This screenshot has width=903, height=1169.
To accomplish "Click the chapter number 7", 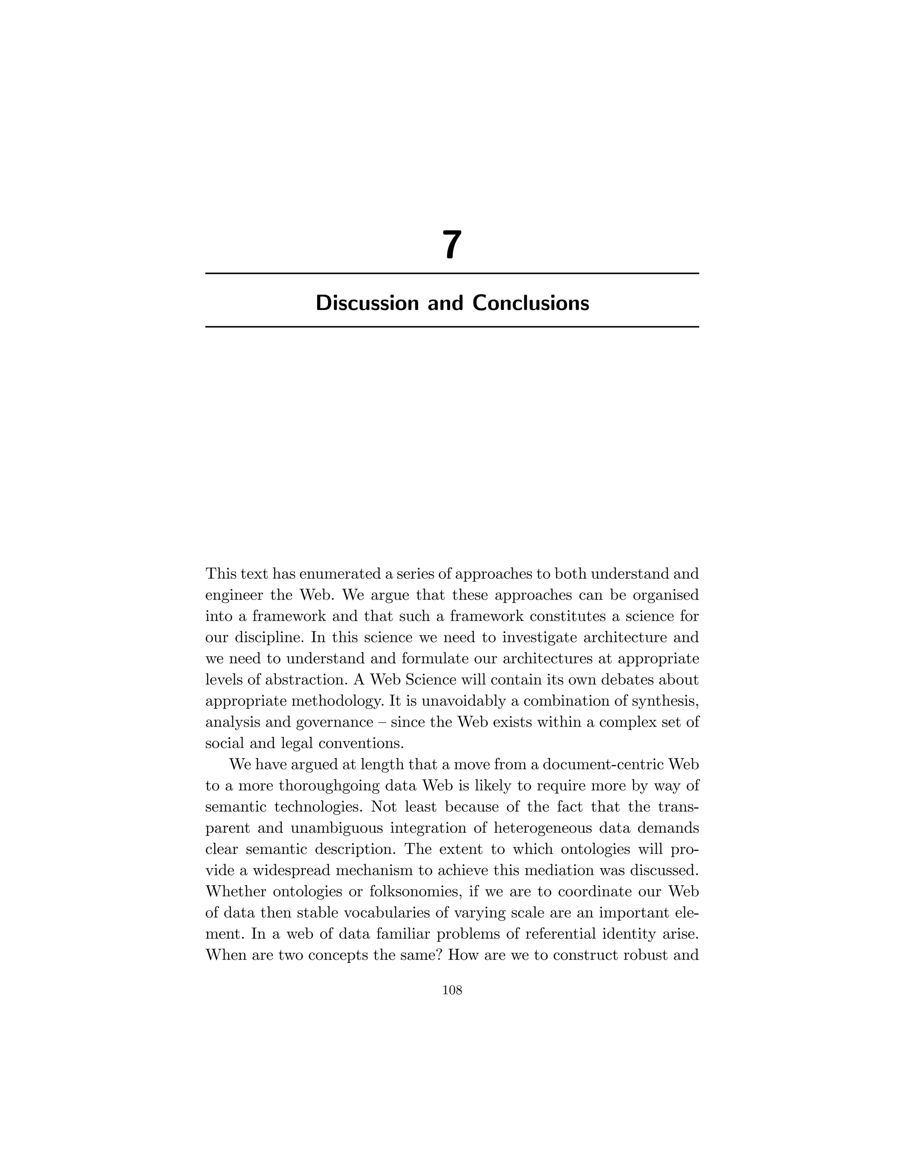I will tap(451, 245).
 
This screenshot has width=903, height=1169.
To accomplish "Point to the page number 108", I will tap(452, 990).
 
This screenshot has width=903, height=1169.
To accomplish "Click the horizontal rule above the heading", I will tap(452, 274).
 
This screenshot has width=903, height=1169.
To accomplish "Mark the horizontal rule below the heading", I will tap(452, 326).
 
